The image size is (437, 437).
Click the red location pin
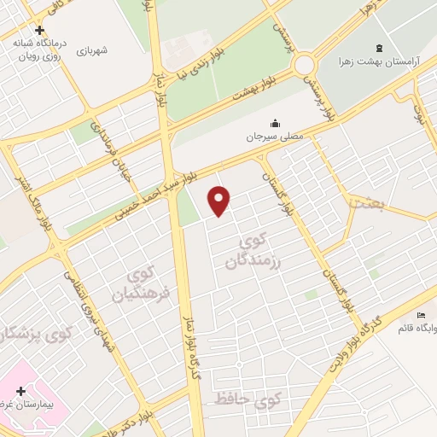220,200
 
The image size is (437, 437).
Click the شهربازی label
94,51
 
